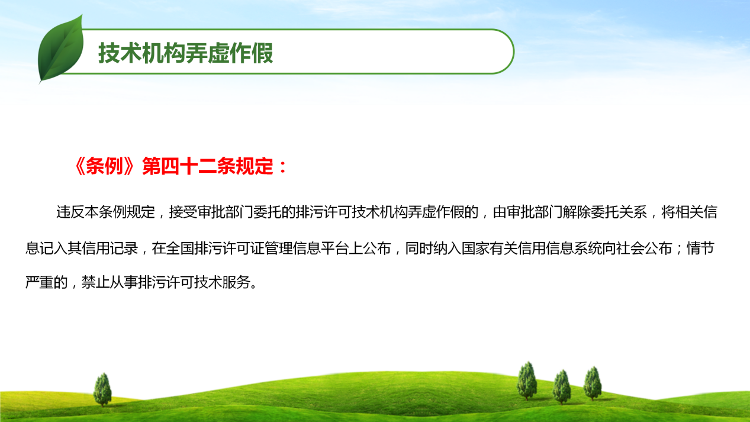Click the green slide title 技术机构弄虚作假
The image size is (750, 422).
186,53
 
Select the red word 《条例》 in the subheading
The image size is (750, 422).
105,166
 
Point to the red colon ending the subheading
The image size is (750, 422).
283,167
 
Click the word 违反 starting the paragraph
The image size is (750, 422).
70,212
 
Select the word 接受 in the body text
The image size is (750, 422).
183,212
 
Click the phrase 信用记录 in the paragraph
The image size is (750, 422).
110,249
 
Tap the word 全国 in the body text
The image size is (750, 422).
180,249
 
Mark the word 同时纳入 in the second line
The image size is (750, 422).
433,249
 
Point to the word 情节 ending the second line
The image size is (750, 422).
700,249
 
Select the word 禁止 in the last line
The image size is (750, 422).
96,282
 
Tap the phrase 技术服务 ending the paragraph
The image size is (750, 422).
223,282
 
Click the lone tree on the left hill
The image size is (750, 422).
102,389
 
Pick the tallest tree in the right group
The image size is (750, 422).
527,381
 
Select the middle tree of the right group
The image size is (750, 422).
562,387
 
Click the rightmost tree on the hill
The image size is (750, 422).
593,384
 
